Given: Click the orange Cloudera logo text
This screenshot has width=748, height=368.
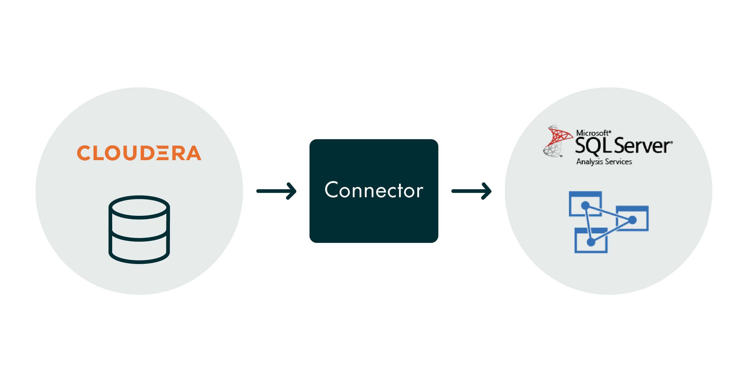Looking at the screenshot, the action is (139, 153).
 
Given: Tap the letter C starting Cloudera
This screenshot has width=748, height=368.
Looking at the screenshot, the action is (84, 153).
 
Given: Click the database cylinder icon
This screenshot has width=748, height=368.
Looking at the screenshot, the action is (139, 229).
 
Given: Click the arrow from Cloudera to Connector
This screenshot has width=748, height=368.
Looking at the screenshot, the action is (276, 191).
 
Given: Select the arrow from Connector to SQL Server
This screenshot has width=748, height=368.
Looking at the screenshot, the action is (471, 191).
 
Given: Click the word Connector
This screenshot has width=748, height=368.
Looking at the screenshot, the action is (374, 190).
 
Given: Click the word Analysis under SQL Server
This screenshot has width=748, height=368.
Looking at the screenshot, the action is (590, 162).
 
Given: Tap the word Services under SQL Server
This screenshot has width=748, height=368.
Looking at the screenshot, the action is (618, 162).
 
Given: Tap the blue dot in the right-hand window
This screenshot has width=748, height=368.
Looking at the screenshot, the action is (632, 220).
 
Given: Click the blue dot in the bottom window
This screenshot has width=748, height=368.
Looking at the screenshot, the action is (591, 242).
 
